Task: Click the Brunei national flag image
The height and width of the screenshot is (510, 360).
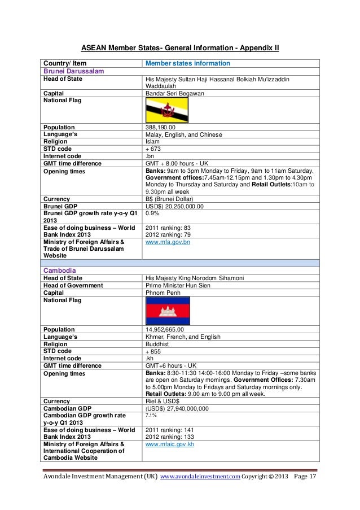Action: pyautogui.click(x=167, y=110)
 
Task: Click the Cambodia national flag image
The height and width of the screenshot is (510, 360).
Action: pyautogui.click(x=168, y=310)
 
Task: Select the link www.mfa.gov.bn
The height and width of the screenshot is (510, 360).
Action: pyautogui.click(x=168, y=242)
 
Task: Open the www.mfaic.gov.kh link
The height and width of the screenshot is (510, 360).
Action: pyautogui.click(x=170, y=444)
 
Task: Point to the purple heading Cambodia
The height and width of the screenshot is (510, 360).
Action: pyautogui.click(x=60, y=271)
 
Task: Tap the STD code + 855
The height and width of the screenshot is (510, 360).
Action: pyautogui.click(x=154, y=351)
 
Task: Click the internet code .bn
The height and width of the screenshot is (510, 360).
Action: pyautogui.click(x=150, y=156)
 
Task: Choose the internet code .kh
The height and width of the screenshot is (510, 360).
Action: pyautogui.click(x=150, y=358)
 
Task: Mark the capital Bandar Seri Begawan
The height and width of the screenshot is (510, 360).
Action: pyautogui.click(x=175, y=93)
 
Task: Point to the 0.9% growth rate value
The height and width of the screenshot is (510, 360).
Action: pyautogui.click(x=152, y=214)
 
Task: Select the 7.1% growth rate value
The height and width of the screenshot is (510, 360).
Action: pyautogui.click(x=151, y=415)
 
